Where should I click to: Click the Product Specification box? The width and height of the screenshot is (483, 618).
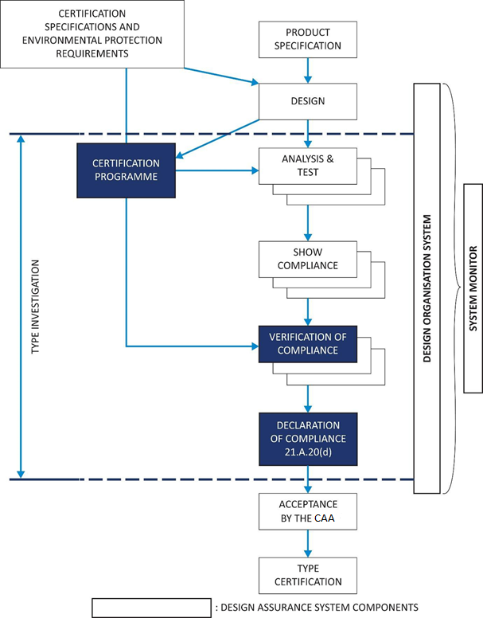pos(308,39)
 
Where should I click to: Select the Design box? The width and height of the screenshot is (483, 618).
pos(308,101)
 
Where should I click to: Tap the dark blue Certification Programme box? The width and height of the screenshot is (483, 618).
pos(126,170)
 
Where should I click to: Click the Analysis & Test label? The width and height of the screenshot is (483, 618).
pos(308,165)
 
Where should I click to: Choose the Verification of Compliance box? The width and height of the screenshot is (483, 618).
pos(308,343)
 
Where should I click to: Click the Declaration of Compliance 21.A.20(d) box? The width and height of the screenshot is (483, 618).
pos(308,438)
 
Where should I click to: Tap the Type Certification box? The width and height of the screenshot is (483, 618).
pos(308,575)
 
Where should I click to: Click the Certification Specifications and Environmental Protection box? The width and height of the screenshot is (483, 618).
pos(92,33)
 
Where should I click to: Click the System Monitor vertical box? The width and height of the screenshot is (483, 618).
pos(473,287)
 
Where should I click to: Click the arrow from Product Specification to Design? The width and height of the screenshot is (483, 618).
pos(308,70)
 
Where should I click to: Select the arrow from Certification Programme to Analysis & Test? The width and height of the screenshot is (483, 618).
pos(216,170)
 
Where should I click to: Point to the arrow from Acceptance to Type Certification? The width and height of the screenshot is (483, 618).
pos(308,544)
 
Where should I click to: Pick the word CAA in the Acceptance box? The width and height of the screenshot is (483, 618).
pos(324,518)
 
